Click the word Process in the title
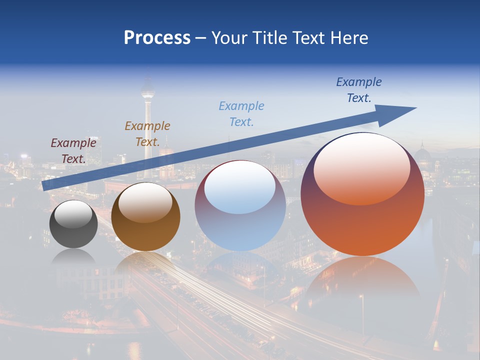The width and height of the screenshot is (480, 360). (157, 38)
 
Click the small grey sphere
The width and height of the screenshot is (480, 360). (73, 231)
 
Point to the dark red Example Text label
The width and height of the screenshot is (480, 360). (73, 150)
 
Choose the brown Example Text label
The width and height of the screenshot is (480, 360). (147, 133)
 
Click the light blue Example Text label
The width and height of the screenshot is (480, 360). (241, 113)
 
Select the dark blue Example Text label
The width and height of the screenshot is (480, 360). (359, 89)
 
